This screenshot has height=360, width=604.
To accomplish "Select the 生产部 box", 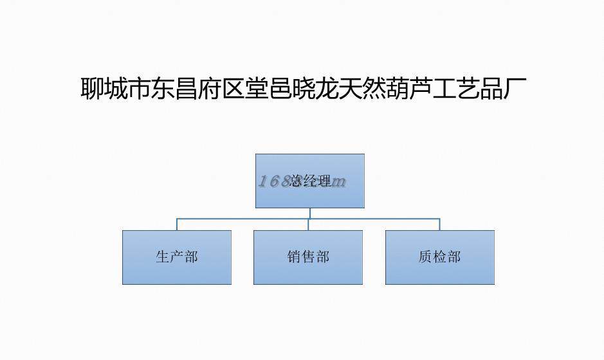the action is coord(177,257).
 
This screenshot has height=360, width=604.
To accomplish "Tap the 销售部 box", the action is coord(308,257).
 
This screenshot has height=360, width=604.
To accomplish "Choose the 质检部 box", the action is coord(440,257).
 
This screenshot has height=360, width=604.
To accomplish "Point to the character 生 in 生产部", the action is coord(162,257).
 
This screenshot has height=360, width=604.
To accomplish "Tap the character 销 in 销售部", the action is coord(294,257).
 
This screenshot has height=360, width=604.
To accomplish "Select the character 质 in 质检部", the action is coord(425,257).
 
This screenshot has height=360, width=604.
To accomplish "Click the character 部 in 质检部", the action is coord(454,257).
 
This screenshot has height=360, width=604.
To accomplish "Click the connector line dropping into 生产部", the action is coord(177,224).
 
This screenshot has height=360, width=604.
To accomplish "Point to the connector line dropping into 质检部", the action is coord(440,224).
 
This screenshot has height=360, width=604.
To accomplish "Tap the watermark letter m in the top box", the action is coord(339,182).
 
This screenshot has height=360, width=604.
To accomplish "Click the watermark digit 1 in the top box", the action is coord(262,182).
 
